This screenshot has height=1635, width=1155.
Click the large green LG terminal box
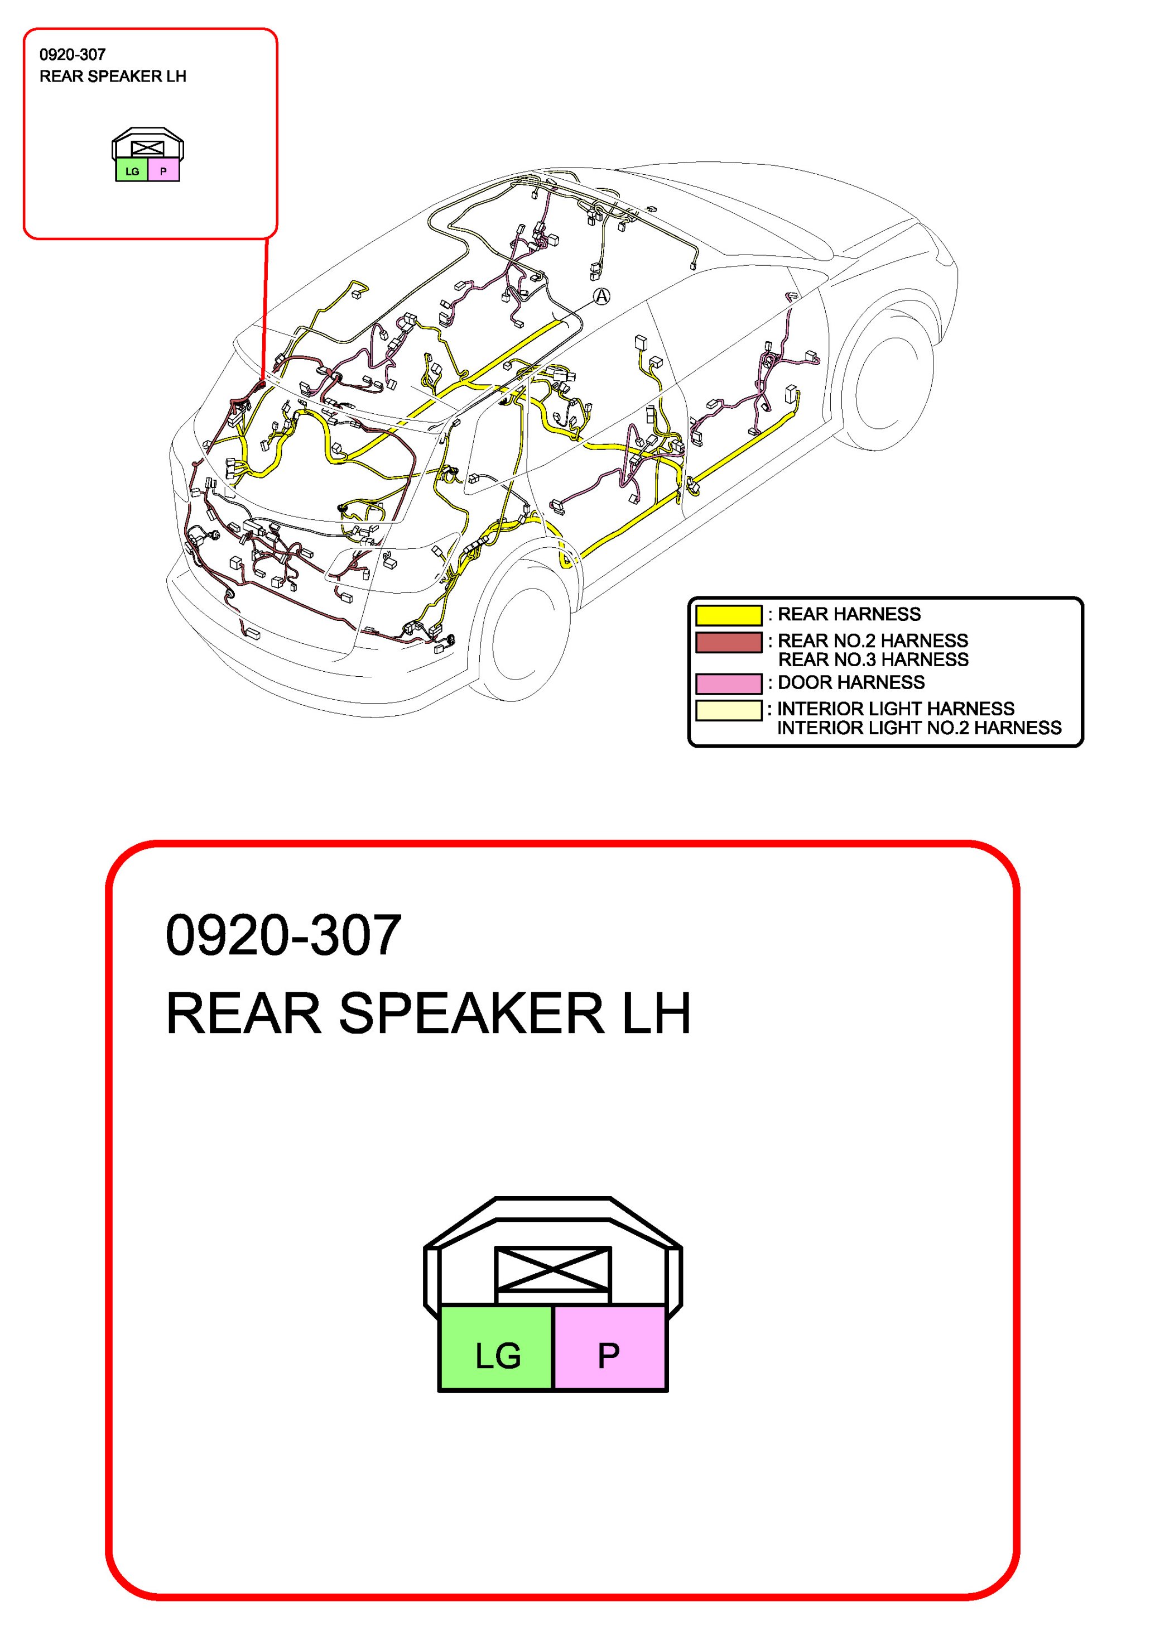(x=496, y=1347)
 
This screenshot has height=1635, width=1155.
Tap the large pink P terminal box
(x=610, y=1347)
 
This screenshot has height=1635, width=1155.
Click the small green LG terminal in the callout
(x=132, y=171)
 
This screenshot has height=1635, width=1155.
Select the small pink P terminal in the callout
(x=163, y=171)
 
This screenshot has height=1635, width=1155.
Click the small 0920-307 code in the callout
(x=73, y=55)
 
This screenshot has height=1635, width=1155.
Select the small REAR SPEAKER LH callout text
(x=113, y=76)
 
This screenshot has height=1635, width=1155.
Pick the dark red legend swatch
(x=729, y=642)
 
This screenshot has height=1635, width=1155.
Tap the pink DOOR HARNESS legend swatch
(x=729, y=683)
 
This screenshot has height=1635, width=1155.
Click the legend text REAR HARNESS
(x=849, y=614)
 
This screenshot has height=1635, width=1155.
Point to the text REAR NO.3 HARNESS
(x=873, y=660)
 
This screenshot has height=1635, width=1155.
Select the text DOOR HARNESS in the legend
(x=851, y=682)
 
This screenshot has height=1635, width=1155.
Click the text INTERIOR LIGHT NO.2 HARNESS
(x=919, y=728)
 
